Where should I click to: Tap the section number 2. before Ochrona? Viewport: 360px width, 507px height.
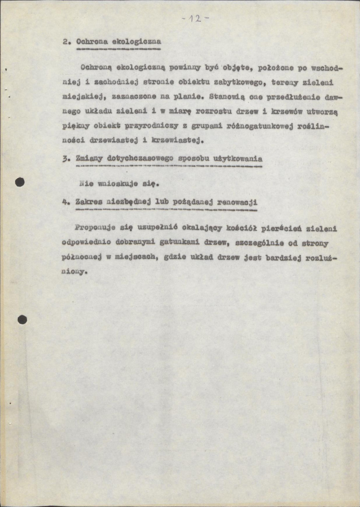[x=66, y=42]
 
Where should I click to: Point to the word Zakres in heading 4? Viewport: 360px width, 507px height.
[x=89, y=202]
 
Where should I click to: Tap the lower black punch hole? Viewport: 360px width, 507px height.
[x=22, y=320]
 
